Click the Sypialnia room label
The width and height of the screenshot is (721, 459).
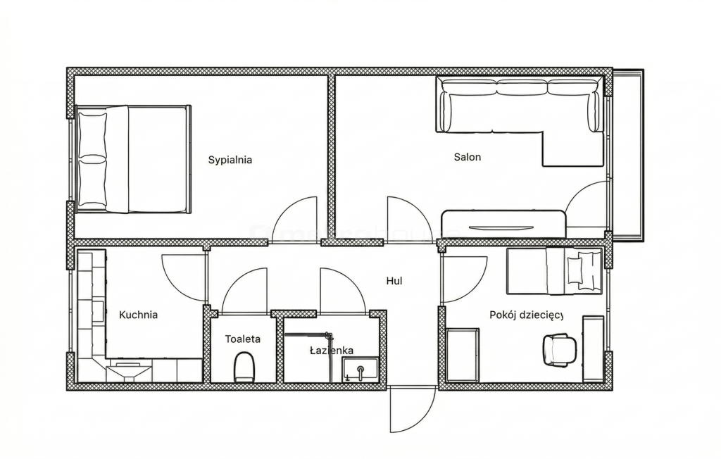230,160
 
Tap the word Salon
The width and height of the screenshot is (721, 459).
468,157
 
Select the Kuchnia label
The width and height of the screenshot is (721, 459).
138,315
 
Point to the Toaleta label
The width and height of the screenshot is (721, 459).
242,339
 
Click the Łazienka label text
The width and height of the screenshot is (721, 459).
332,351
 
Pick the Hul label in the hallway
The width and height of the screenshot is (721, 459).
394,281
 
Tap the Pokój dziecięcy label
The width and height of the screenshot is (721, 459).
526,315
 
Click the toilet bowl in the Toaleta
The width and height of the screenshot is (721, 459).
244,367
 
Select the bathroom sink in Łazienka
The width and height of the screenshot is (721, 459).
360,370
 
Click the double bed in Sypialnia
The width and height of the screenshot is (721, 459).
133,159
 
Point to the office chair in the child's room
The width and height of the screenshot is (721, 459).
559,350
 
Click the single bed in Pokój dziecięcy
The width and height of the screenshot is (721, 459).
554,271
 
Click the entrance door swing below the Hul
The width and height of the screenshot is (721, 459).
412,409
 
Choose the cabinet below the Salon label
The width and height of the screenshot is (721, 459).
503,224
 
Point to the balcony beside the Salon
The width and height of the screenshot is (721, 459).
627,155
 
